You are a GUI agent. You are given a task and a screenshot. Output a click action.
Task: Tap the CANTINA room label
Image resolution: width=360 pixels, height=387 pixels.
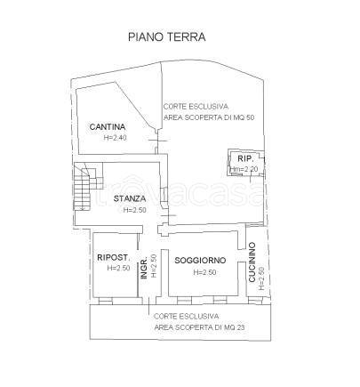(107, 127)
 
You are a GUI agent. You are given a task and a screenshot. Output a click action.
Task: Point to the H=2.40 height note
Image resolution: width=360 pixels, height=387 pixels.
(116, 138)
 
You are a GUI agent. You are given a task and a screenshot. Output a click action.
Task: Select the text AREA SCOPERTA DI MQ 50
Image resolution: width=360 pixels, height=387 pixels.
(208, 117)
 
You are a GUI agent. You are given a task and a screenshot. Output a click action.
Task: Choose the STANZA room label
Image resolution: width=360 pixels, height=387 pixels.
(131, 198)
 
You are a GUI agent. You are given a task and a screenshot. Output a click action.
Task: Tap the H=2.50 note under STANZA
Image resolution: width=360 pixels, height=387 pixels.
(133, 210)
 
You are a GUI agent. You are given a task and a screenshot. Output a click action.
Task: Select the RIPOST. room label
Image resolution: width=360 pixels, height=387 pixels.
(115, 258)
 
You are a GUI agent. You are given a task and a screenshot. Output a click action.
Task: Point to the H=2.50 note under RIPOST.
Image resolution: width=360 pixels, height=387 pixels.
(118, 269)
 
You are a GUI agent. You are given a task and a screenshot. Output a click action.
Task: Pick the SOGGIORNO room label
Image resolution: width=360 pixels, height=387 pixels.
(200, 259)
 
